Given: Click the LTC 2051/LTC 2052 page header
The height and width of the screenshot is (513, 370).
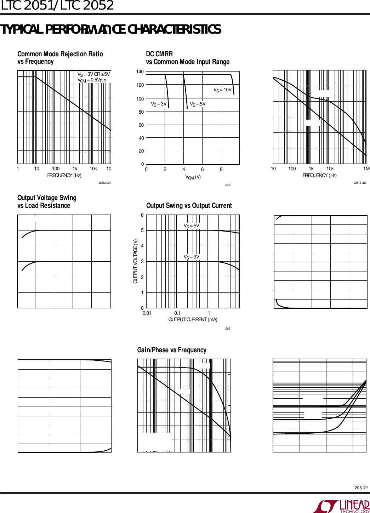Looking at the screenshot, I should pyautogui.click(x=57, y=5).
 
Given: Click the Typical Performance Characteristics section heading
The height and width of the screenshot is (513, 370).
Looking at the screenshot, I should pyautogui.click(x=111, y=29).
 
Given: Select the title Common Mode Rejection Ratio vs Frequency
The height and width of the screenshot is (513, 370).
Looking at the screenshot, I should pyautogui.click(x=60, y=58).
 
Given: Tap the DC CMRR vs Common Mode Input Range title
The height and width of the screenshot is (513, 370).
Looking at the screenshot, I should pyautogui.click(x=187, y=58).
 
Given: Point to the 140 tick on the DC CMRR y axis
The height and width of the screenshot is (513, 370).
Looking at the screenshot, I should pyautogui.click(x=140, y=72).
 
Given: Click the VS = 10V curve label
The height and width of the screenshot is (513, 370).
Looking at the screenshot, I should pyautogui.click(x=222, y=90).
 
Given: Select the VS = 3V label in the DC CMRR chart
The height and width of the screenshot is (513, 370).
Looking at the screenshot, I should pyautogui.click(x=159, y=104).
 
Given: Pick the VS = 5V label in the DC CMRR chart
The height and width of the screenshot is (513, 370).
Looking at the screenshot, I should pyautogui.click(x=198, y=104).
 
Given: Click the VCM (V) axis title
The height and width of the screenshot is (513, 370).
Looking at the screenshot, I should pyautogui.click(x=193, y=177).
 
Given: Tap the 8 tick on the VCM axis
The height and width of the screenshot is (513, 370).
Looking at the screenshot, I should pyautogui.click(x=221, y=170).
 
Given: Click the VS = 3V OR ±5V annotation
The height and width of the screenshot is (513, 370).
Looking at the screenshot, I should pyautogui.click(x=94, y=74).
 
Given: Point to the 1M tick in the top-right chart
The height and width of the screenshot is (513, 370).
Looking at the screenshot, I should pyautogui.click(x=366, y=169).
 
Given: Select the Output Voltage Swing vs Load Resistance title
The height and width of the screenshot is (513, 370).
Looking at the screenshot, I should pyautogui.click(x=47, y=201).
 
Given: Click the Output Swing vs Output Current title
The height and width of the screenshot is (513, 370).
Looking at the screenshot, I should pyautogui.click(x=189, y=206).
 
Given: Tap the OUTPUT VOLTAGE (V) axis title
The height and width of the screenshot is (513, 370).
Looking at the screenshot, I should pyautogui.click(x=135, y=261).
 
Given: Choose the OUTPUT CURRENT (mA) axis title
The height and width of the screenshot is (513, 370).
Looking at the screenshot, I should pyautogui.click(x=193, y=319).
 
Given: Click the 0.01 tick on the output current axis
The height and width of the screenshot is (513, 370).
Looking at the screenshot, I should pyautogui.click(x=147, y=313).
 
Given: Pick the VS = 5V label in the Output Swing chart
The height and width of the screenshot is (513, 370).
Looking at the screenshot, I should pyautogui.click(x=191, y=226).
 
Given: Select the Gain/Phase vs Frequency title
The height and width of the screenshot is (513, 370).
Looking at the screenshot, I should pyautogui.click(x=172, y=350).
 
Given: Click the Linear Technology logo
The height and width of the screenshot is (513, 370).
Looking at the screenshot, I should pyautogui.click(x=341, y=506).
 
